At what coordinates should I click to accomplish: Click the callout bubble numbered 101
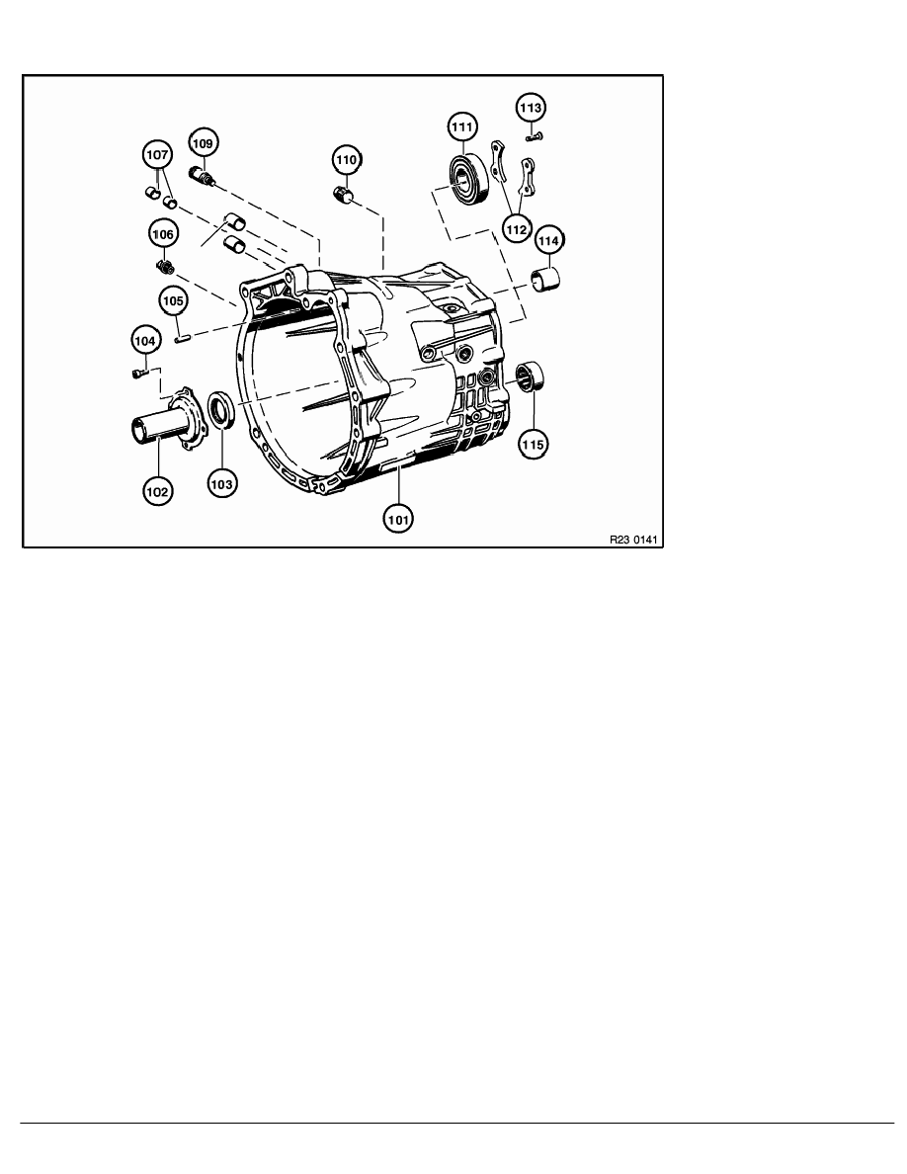coord(399,515)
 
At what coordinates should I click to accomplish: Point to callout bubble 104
coord(144,341)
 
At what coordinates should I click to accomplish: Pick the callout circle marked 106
coord(163,234)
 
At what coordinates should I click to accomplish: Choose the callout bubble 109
coord(202,143)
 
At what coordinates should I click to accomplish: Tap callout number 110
coord(346,158)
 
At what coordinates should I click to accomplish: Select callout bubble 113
coord(531,106)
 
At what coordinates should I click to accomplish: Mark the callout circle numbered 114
coord(547,240)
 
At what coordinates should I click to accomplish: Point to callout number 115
coord(533,445)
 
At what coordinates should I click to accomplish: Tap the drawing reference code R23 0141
coord(633,540)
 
